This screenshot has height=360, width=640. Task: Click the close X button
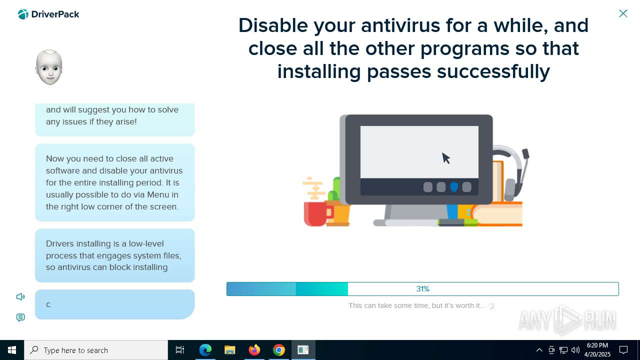point(623,13)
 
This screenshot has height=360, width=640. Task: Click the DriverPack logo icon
point(23,14)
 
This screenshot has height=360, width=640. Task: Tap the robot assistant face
point(49,67)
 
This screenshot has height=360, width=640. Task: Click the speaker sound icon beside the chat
point(20,297)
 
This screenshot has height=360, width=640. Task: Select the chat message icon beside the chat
point(20,317)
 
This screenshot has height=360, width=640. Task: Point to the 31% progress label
point(422,289)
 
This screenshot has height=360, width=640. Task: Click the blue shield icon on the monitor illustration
point(454,187)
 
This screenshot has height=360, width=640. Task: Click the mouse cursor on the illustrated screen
point(445,158)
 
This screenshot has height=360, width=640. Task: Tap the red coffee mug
point(316,213)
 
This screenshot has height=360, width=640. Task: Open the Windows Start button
point(12,350)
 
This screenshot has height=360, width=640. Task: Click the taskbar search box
point(96,350)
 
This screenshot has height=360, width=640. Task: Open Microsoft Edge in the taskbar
point(205,350)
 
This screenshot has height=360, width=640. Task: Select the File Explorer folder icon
point(229,350)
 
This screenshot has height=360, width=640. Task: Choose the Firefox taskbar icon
point(254,350)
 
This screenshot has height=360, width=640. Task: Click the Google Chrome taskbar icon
point(279,350)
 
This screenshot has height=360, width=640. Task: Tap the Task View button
point(180,350)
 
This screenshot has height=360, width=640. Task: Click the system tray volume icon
point(575,350)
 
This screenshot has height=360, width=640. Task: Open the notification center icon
point(623,350)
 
